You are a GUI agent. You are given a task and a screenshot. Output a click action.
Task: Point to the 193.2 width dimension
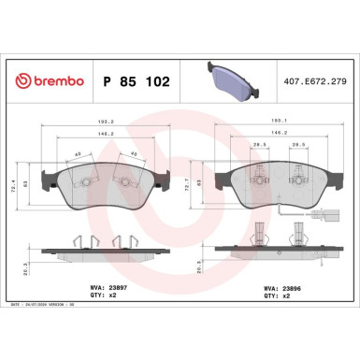[108, 121]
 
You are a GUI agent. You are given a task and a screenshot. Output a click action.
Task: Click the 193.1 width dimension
[277, 121]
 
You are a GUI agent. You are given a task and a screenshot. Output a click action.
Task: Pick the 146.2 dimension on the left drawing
[108, 135]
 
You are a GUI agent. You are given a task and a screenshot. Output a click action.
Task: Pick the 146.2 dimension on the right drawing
[277, 135]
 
